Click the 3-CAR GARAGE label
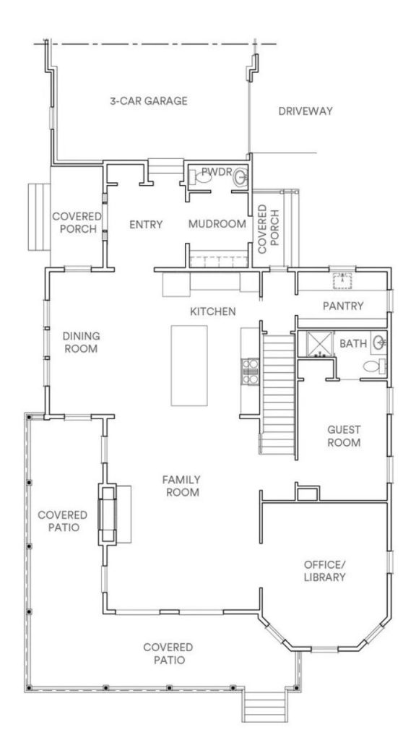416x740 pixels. click(x=153, y=100)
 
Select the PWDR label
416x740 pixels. click(x=214, y=171)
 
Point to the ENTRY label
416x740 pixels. click(x=145, y=224)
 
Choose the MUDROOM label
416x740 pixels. click(x=217, y=224)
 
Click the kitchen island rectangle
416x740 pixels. click(x=189, y=365)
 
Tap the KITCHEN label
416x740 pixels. click(x=212, y=311)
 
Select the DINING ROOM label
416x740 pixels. click(x=81, y=343)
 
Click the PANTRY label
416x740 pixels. click(x=343, y=306)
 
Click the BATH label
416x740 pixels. click(x=353, y=344)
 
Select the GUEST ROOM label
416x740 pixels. click(x=344, y=435)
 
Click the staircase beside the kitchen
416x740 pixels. click(x=277, y=390)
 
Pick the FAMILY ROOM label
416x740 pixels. click(x=181, y=486)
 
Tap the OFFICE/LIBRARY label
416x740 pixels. click(x=324, y=570)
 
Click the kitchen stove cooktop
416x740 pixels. click(x=249, y=369)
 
